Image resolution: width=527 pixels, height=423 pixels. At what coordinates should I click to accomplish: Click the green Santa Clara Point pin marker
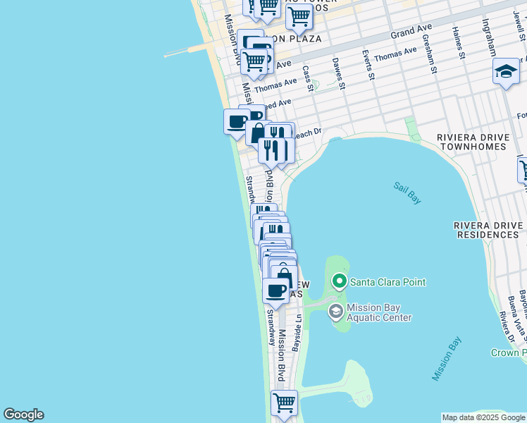[x=340, y=282]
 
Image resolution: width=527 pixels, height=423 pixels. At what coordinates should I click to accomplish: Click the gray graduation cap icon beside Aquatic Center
[x=336, y=311]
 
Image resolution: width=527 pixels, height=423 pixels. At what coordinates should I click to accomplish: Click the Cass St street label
[x=307, y=79]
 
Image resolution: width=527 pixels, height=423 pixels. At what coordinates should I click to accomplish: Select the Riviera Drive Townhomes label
[x=471, y=142]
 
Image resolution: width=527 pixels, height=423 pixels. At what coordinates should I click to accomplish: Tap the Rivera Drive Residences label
[x=489, y=230]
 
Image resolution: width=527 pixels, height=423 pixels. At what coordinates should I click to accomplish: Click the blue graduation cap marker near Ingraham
[x=505, y=72]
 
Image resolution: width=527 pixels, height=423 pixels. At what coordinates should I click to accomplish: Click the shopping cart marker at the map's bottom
[x=284, y=404]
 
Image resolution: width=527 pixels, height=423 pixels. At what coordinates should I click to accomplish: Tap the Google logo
[x=23, y=415]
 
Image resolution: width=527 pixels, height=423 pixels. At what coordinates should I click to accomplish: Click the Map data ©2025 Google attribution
[x=483, y=417]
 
